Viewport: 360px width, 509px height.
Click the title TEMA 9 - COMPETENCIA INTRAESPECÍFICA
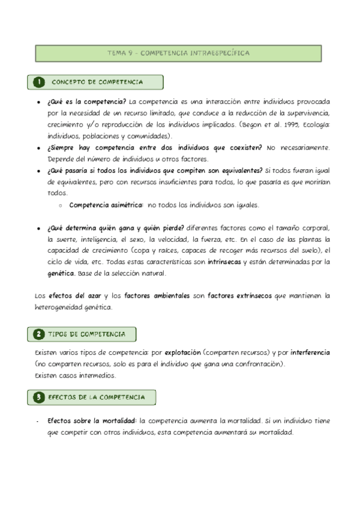click(x=179, y=53)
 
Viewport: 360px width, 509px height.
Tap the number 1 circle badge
click(x=38, y=82)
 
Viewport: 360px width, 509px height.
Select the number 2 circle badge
click(x=38, y=334)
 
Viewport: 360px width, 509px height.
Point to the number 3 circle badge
click(x=38, y=397)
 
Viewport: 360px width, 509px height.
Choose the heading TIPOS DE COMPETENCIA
click(x=86, y=334)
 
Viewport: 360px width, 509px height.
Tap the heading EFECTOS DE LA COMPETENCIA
click(x=96, y=397)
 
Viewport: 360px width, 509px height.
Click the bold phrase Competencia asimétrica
click(x=106, y=205)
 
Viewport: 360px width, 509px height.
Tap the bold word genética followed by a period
click(x=61, y=274)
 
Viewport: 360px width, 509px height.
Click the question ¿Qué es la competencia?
click(x=86, y=101)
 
